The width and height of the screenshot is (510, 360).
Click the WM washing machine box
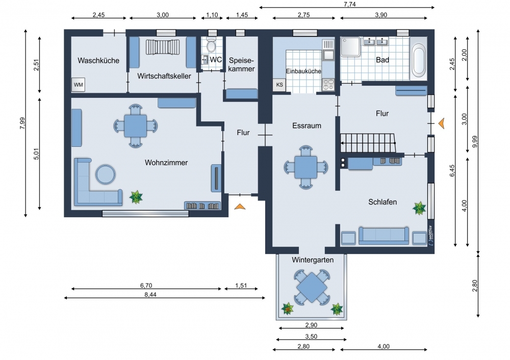coord(79,85)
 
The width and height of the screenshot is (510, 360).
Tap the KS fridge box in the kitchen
coord(279,85)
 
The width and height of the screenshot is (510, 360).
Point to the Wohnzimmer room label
coord(166,163)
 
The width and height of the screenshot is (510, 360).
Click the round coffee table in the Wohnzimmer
coord(106,174)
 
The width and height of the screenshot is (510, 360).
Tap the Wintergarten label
coord(313,260)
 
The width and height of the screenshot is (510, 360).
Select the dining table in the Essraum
coord(305,167)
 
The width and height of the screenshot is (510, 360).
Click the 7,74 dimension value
coord(350,4)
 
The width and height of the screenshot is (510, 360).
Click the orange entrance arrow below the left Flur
coord(240,206)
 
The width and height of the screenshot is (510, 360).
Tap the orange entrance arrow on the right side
coord(441,123)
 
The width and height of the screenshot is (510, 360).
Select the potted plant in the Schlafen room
coord(419,208)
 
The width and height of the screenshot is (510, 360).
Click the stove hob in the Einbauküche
coord(328,85)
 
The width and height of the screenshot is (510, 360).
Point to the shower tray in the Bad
coord(350,47)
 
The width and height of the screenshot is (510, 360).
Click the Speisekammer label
coord(241,64)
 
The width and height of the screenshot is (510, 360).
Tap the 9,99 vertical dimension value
coord(475,141)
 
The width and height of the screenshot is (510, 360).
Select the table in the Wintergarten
coord(312,288)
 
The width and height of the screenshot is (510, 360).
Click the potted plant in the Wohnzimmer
coord(136,197)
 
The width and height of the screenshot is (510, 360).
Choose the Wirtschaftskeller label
coord(164,76)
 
